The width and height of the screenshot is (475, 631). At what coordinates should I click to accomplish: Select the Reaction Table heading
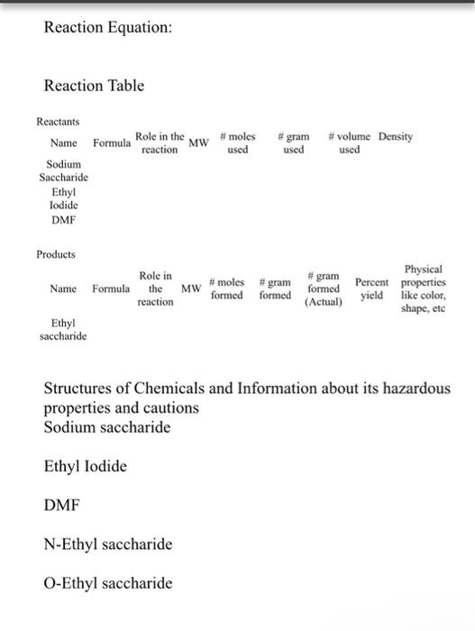point(94,86)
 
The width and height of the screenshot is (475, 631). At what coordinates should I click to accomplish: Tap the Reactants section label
point(58,121)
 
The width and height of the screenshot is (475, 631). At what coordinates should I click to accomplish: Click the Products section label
point(56,254)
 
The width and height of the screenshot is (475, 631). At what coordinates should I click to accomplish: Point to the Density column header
point(396,137)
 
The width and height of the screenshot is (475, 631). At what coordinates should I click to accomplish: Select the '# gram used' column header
point(293,143)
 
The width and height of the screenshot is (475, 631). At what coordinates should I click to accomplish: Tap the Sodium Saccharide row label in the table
point(63,171)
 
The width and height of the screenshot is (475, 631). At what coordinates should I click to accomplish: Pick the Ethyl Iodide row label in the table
point(63,198)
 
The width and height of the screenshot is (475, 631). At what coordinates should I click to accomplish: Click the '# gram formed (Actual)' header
point(324,289)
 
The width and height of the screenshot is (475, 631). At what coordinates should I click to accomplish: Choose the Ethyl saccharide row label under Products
point(63,328)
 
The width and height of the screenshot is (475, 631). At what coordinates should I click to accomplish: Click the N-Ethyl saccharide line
point(108,544)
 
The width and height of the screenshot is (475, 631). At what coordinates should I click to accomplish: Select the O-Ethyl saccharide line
point(108,583)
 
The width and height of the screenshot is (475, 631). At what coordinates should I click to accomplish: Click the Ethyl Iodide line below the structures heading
point(86,466)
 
